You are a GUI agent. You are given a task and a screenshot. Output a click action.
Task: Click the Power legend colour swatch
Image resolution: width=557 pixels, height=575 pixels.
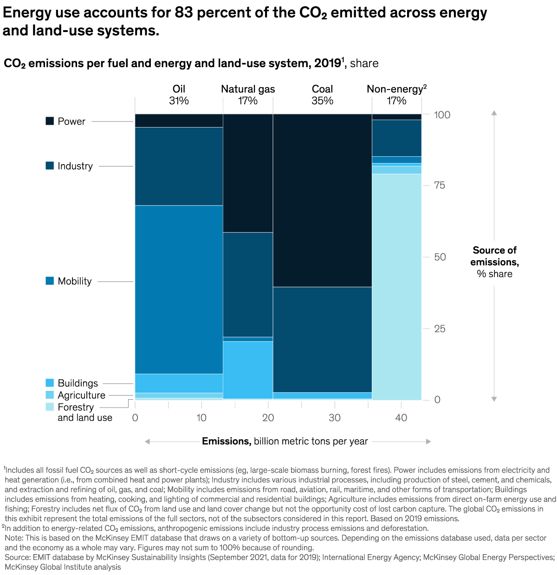click(x=50, y=121)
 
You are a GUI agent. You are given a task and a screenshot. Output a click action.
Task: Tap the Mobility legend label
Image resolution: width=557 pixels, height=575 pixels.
click(x=74, y=281)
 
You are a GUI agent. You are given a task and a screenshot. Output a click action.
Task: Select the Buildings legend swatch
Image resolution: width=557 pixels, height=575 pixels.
click(x=50, y=383)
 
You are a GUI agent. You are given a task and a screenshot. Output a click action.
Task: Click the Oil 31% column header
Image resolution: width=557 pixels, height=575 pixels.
click(x=179, y=95)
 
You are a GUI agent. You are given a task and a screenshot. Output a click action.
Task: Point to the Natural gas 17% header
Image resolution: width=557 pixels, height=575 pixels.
click(x=248, y=95)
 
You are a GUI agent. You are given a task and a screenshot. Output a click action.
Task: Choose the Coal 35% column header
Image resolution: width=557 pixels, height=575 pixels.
click(x=322, y=95)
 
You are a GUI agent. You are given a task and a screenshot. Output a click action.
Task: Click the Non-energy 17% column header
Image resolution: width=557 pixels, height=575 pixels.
click(x=396, y=95)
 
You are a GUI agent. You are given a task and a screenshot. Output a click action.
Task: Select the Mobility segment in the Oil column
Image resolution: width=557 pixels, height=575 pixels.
click(x=179, y=289)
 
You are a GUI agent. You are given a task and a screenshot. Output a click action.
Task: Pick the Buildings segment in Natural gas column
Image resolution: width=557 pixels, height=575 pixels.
click(x=248, y=370)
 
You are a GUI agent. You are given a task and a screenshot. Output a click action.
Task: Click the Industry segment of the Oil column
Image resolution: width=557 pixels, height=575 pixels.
click(x=179, y=166)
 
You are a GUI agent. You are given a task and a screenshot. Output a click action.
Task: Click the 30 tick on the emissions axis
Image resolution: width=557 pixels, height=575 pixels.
click(x=335, y=418)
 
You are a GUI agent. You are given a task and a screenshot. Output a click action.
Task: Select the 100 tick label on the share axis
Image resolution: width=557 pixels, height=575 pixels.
click(x=442, y=115)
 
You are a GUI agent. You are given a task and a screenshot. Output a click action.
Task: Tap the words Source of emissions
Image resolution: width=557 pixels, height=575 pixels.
click(x=494, y=256)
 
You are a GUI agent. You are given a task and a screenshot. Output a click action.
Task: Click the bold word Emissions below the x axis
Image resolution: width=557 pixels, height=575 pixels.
click(x=227, y=441)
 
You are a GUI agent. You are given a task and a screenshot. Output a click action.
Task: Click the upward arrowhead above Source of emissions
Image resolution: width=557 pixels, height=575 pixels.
click(x=494, y=113)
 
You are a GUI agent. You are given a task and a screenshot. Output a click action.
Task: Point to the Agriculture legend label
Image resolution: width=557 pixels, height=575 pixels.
click(x=81, y=395)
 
